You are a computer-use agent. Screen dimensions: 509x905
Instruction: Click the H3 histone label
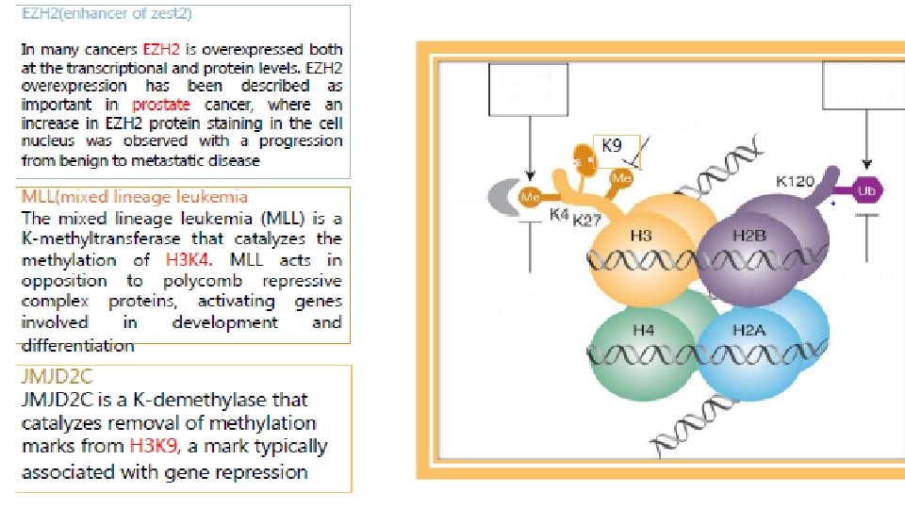641,235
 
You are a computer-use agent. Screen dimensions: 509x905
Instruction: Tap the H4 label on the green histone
643,330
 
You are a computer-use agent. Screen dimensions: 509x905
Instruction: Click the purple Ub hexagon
868,190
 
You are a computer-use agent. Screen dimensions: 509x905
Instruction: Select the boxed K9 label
612,146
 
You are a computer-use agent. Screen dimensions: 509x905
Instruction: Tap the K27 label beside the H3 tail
586,221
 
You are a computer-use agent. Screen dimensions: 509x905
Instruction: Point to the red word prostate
161,105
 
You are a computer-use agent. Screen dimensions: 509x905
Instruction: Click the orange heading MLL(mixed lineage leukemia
135,196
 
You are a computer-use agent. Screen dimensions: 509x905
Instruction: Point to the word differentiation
77,344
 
